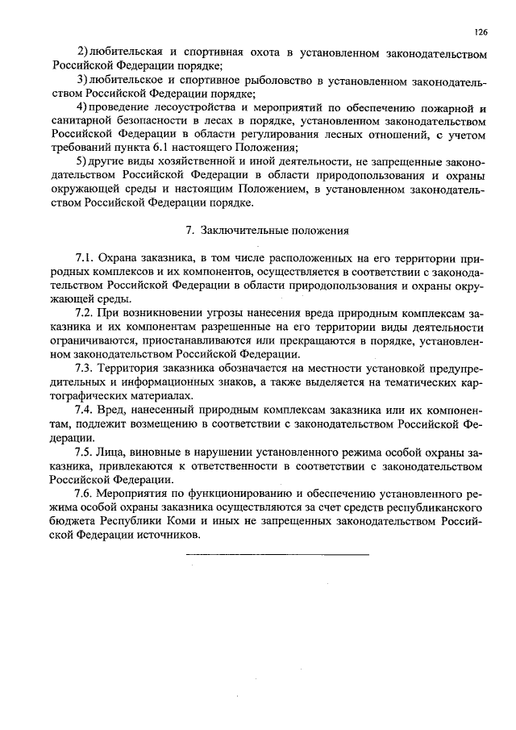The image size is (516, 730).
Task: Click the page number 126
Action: click(481, 32)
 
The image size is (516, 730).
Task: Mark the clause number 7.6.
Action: click(86, 494)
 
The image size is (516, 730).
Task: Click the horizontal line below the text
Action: click(277, 554)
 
